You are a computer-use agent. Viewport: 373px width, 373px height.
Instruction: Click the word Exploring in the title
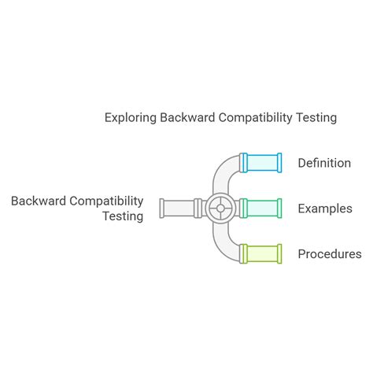point(130,117)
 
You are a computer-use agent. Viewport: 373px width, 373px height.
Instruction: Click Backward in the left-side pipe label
point(39,201)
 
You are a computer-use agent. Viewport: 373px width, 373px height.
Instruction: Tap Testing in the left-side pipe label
point(123,216)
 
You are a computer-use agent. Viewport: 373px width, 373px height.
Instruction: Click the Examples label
point(324,209)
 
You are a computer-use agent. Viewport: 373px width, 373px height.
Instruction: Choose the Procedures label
point(329,254)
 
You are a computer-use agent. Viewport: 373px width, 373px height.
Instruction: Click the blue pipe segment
point(262,162)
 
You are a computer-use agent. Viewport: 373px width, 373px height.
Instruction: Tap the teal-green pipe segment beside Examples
point(262,208)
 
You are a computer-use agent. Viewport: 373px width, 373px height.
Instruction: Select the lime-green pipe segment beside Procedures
point(262,253)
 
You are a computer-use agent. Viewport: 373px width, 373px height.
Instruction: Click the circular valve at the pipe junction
point(220,208)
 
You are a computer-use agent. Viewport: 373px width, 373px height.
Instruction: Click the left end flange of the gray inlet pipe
point(162,208)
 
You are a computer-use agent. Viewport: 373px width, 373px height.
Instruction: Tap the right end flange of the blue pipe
point(280,162)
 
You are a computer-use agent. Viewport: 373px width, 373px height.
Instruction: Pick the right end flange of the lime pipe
point(280,253)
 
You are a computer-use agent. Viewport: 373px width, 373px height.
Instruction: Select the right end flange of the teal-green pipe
point(280,208)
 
